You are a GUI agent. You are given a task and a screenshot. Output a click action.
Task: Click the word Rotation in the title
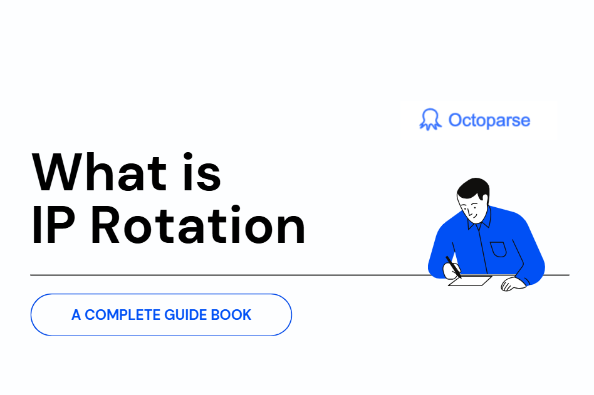point(198,225)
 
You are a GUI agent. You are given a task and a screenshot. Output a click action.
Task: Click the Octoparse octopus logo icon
point(430,120)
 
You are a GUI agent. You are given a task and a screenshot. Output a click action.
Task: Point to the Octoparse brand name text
point(489,120)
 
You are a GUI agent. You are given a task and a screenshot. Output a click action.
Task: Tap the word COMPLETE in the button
point(122,315)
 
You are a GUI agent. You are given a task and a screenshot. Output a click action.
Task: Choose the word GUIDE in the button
point(185,315)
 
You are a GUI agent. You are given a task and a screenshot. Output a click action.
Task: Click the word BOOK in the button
point(231,315)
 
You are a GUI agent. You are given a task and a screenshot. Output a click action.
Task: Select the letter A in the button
point(76,315)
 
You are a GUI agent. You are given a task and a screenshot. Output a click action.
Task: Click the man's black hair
point(474,188)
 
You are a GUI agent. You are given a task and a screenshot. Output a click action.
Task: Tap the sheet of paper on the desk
point(470,280)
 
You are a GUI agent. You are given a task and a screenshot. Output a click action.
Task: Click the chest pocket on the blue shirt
point(498,249)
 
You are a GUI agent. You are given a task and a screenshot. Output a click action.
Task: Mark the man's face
point(471,209)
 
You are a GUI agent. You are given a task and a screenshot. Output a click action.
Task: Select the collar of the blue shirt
point(480,220)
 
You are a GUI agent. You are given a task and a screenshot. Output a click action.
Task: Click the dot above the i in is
point(188,156)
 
